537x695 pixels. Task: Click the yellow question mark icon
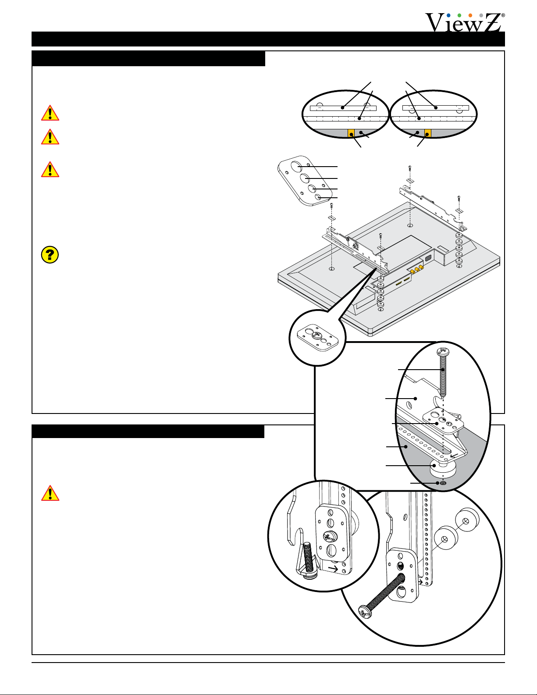[50, 254]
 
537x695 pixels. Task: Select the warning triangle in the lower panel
[50, 493]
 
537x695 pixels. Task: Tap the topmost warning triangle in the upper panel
[50, 113]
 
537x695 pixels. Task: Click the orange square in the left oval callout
[351, 133]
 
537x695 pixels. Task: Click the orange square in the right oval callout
[428, 133]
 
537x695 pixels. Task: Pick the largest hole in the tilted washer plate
[298, 167]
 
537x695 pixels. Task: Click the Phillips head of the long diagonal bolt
[365, 613]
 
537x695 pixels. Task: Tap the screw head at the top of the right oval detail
[443, 351]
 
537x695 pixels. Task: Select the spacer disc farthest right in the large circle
[467, 520]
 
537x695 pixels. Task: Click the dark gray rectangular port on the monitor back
[428, 258]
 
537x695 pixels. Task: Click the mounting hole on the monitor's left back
[331, 269]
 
